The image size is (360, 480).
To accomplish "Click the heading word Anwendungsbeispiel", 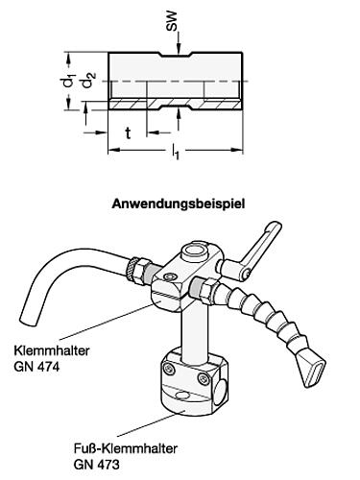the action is (x=179, y=204).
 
